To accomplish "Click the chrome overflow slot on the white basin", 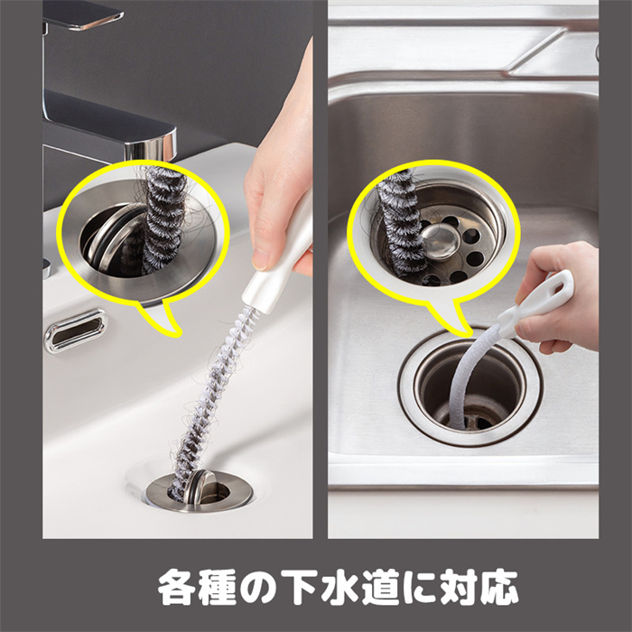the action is pos(75,330).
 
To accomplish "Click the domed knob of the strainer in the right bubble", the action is pos(441,241).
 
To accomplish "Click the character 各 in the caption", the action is pos(177,587).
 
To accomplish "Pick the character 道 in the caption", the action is pos(380,587).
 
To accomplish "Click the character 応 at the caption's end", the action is pos(498,587).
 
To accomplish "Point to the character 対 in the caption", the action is pos(459,587).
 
